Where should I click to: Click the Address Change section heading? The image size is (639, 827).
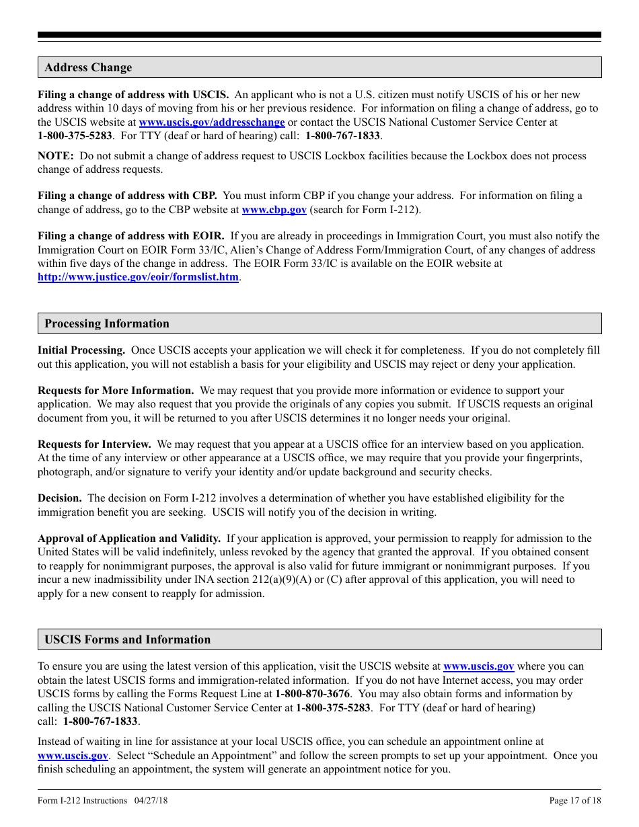[88, 67]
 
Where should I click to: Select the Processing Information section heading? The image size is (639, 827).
[107, 323]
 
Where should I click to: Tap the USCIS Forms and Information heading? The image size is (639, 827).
[127, 639]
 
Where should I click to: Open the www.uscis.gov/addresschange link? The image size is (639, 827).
[212, 122]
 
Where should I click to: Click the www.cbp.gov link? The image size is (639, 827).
[274, 210]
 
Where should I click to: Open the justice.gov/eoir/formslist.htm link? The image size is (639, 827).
[138, 277]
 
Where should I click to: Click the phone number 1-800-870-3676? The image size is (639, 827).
[312, 694]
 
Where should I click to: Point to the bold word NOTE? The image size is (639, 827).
[56, 156]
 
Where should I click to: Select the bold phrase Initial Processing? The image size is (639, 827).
[81, 350]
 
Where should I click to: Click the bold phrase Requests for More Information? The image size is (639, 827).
[116, 391]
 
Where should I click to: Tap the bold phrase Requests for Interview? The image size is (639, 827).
[94, 444]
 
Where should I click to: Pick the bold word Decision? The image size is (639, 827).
[60, 498]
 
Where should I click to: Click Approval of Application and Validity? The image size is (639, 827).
[129, 539]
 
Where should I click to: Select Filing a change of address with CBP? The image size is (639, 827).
[127, 196]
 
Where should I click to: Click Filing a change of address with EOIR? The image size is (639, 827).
[131, 236]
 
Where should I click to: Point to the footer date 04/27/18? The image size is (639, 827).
[151, 800]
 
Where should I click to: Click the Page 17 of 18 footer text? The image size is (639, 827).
[575, 800]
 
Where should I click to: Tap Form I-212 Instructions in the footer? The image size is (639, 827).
[82, 800]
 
